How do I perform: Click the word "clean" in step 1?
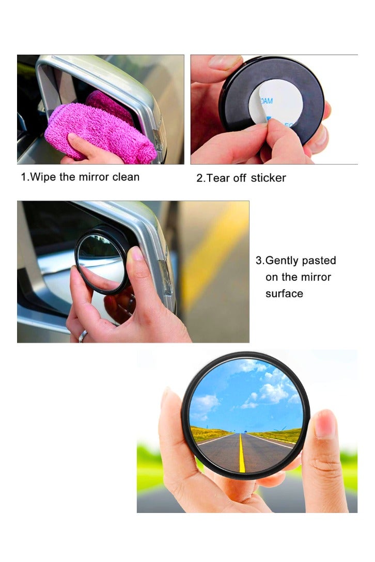point(126,177)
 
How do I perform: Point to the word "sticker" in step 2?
point(268,178)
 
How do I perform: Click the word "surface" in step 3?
point(284,294)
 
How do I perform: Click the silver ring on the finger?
point(83,336)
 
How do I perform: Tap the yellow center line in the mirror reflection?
point(242,454)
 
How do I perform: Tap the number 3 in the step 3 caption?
point(258,261)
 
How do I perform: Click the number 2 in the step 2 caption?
point(199,179)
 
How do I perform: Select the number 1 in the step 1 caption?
point(23,177)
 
